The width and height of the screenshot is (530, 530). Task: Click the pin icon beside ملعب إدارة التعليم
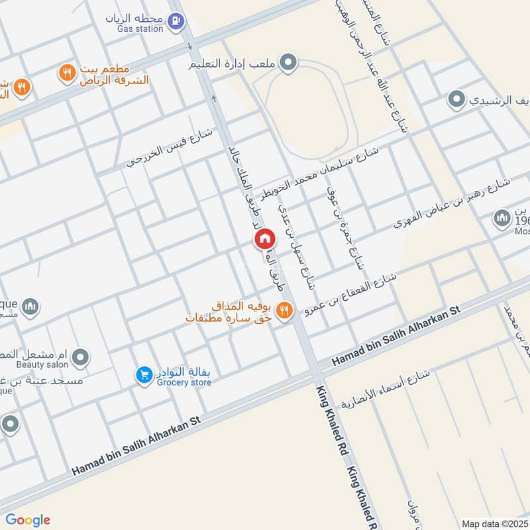tap(288, 64)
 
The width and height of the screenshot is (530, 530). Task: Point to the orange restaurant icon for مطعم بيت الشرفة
tap(66, 73)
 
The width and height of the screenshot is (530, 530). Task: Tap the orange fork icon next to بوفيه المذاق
tap(284, 310)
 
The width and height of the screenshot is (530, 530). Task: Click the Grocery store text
tap(184, 382)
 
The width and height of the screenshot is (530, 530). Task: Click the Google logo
tap(27, 520)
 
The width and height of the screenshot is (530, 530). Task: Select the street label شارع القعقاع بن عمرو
tap(350, 292)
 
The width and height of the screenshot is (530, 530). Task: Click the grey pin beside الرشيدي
tap(456, 101)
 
